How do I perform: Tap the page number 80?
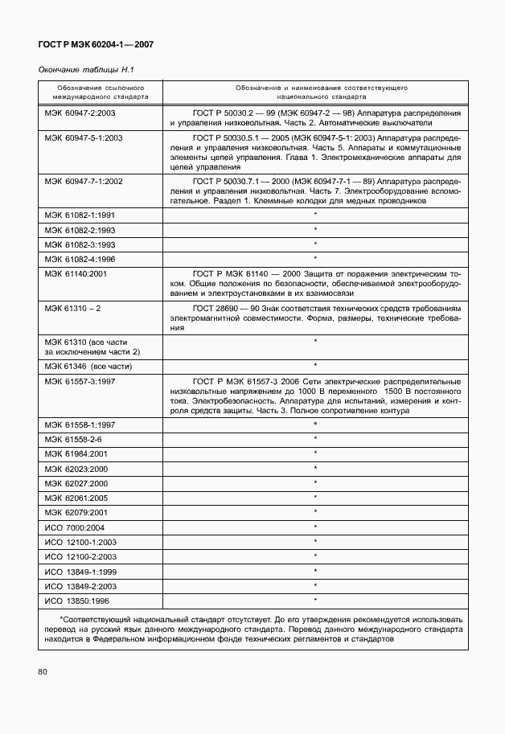[x=44, y=670]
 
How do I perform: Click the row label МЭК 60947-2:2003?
[x=80, y=113]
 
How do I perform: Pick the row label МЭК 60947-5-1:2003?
[x=84, y=138]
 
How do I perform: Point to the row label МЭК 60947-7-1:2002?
[x=84, y=182]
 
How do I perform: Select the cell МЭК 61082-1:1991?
[x=80, y=215]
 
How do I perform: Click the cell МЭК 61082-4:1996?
[x=80, y=258]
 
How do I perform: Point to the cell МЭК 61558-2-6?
[x=73, y=438]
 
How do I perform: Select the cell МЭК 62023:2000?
[x=77, y=468]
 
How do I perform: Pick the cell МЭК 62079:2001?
[x=77, y=512]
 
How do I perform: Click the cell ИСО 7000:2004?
[x=75, y=527]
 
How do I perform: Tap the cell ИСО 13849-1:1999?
[x=81, y=571]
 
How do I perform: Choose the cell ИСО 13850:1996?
[x=78, y=601]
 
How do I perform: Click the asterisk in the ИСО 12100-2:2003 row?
[x=315, y=556]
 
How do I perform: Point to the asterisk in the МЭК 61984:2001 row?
[x=315, y=453]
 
